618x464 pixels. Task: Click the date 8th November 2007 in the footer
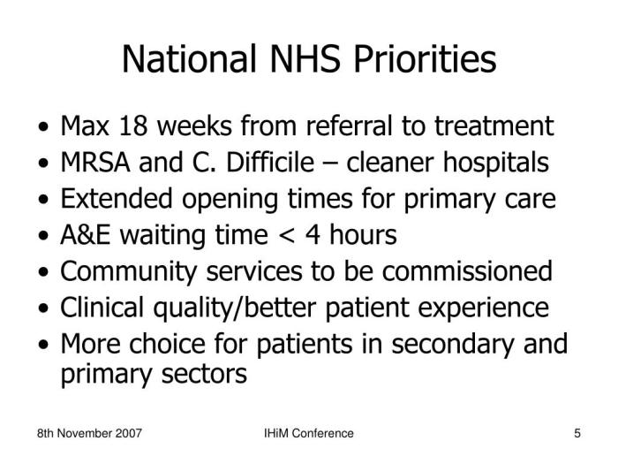tap(90, 434)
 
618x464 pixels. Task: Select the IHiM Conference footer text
tap(309, 434)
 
